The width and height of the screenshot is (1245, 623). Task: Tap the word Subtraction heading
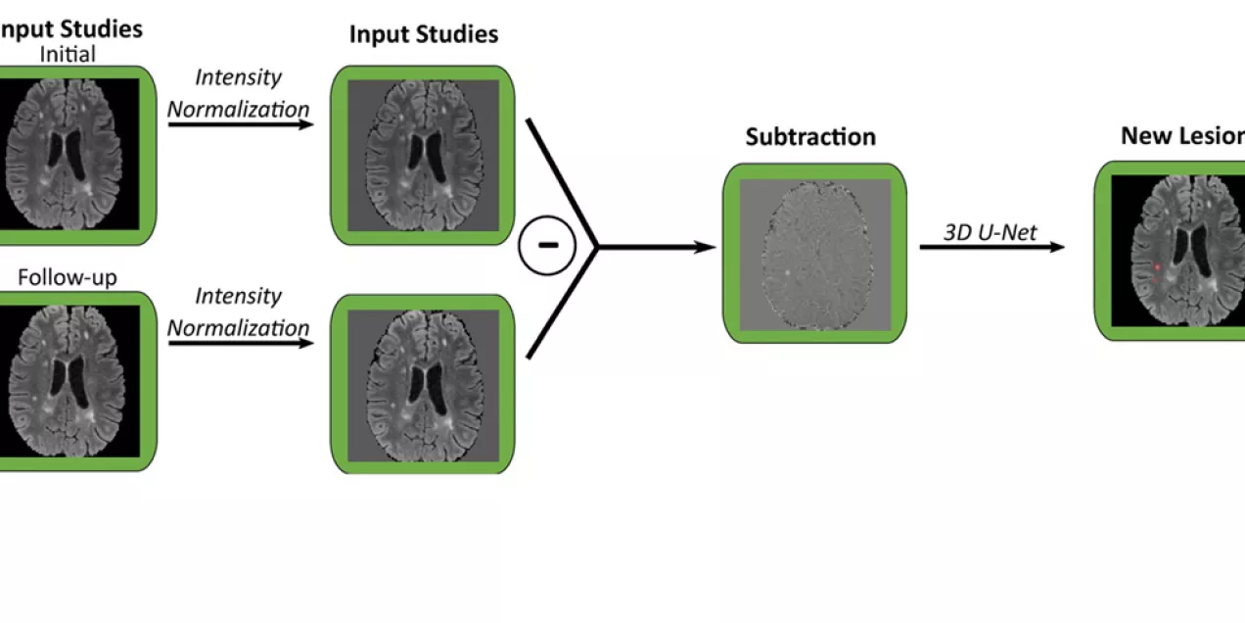click(810, 137)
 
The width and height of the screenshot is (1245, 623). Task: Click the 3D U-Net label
click(990, 232)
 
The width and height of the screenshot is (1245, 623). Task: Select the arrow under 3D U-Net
click(991, 248)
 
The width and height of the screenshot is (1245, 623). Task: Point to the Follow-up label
click(67, 278)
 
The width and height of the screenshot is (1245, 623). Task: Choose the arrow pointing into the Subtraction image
click(656, 248)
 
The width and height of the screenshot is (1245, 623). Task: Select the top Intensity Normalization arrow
click(238, 125)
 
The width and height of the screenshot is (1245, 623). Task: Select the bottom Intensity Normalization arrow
click(238, 344)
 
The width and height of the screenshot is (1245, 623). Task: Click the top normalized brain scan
click(423, 155)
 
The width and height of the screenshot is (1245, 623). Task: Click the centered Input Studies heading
click(424, 35)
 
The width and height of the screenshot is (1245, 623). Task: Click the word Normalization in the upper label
click(238, 109)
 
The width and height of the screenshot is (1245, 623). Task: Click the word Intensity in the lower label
click(238, 296)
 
